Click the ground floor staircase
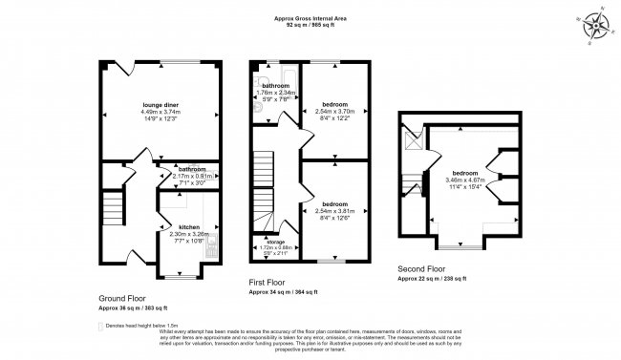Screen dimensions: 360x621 [x=114, y=205]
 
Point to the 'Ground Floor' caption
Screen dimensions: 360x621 [x=121, y=298]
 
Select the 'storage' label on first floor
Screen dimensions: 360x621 [x=275, y=242]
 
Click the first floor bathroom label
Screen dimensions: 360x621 [x=276, y=86]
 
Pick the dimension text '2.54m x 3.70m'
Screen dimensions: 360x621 [x=333, y=111]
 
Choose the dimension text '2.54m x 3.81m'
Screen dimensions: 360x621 [x=333, y=211]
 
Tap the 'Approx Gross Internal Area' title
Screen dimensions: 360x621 [x=310, y=18]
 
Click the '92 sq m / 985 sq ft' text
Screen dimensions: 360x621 [x=310, y=26]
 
